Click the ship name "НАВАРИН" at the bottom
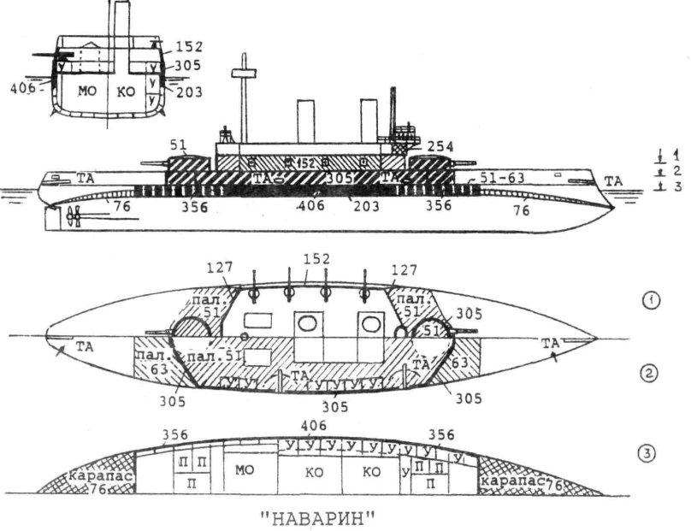(316, 518)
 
